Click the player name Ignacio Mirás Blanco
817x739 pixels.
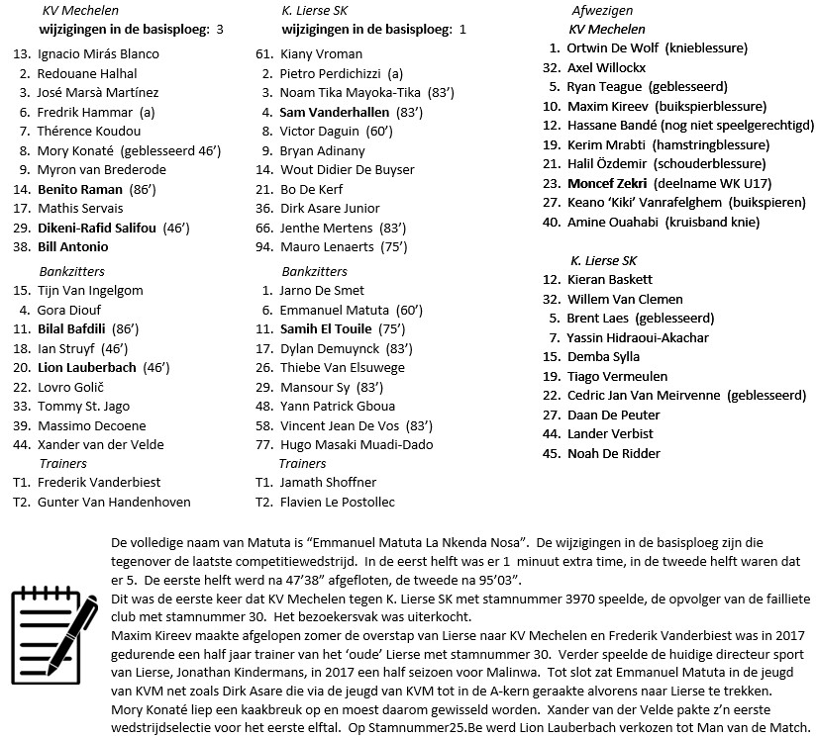coord(98,54)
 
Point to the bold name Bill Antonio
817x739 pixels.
coord(73,247)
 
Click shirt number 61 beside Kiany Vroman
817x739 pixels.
coord(264,54)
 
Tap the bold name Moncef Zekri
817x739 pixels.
coord(607,183)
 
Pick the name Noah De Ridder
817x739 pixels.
coord(613,453)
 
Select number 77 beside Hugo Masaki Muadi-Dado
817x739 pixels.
coord(264,444)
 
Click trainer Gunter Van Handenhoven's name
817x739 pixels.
coord(114,503)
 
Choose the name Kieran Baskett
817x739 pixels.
coord(610,280)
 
